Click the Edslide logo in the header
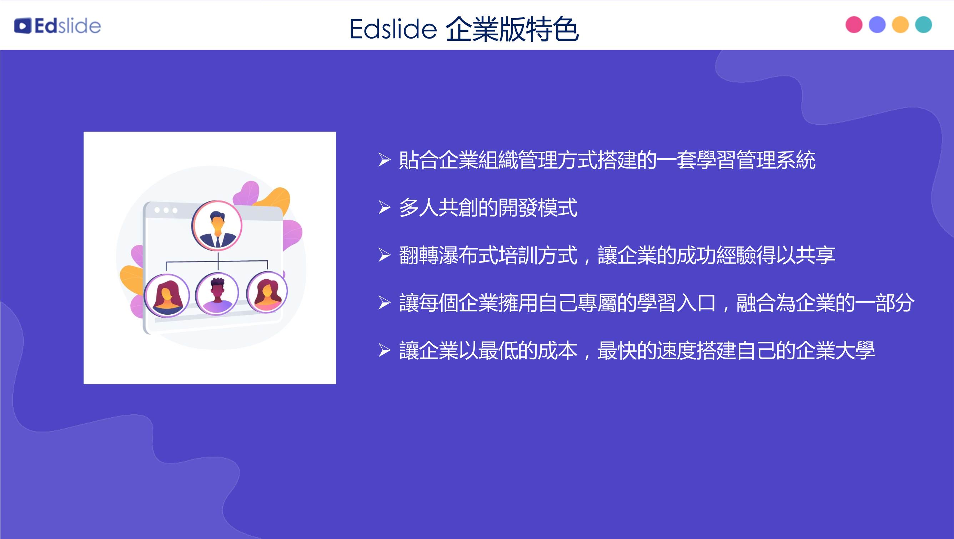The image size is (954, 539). [x=57, y=26]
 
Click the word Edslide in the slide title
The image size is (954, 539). [x=393, y=29]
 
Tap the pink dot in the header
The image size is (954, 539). [x=854, y=25]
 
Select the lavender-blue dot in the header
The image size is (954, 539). [x=877, y=25]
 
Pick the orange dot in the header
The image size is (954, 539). [x=900, y=25]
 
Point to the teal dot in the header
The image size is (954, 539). [x=923, y=25]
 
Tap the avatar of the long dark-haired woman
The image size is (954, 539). [x=167, y=296]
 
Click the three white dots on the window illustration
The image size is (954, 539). [x=166, y=210]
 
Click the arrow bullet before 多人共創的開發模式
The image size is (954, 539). [x=385, y=208]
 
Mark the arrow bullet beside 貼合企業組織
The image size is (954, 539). [x=385, y=160]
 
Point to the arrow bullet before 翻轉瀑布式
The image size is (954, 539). [x=385, y=255]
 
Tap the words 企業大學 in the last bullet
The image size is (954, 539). [x=835, y=350]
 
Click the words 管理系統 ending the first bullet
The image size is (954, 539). [x=776, y=160]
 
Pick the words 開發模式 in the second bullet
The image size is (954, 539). [x=538, y=208]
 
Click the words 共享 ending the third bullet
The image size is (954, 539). [x=815, y=255]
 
